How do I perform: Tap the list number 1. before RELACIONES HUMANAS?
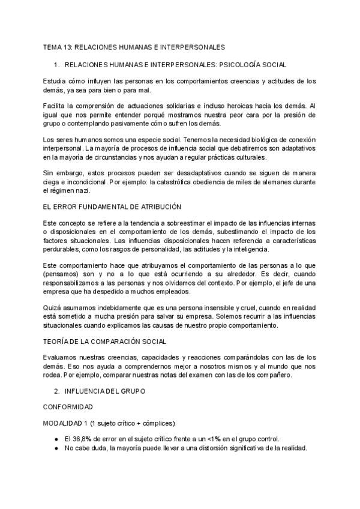56,64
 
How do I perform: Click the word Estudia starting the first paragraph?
55,81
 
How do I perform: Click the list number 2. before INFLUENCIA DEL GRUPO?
56,391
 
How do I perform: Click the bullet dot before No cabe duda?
56,448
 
